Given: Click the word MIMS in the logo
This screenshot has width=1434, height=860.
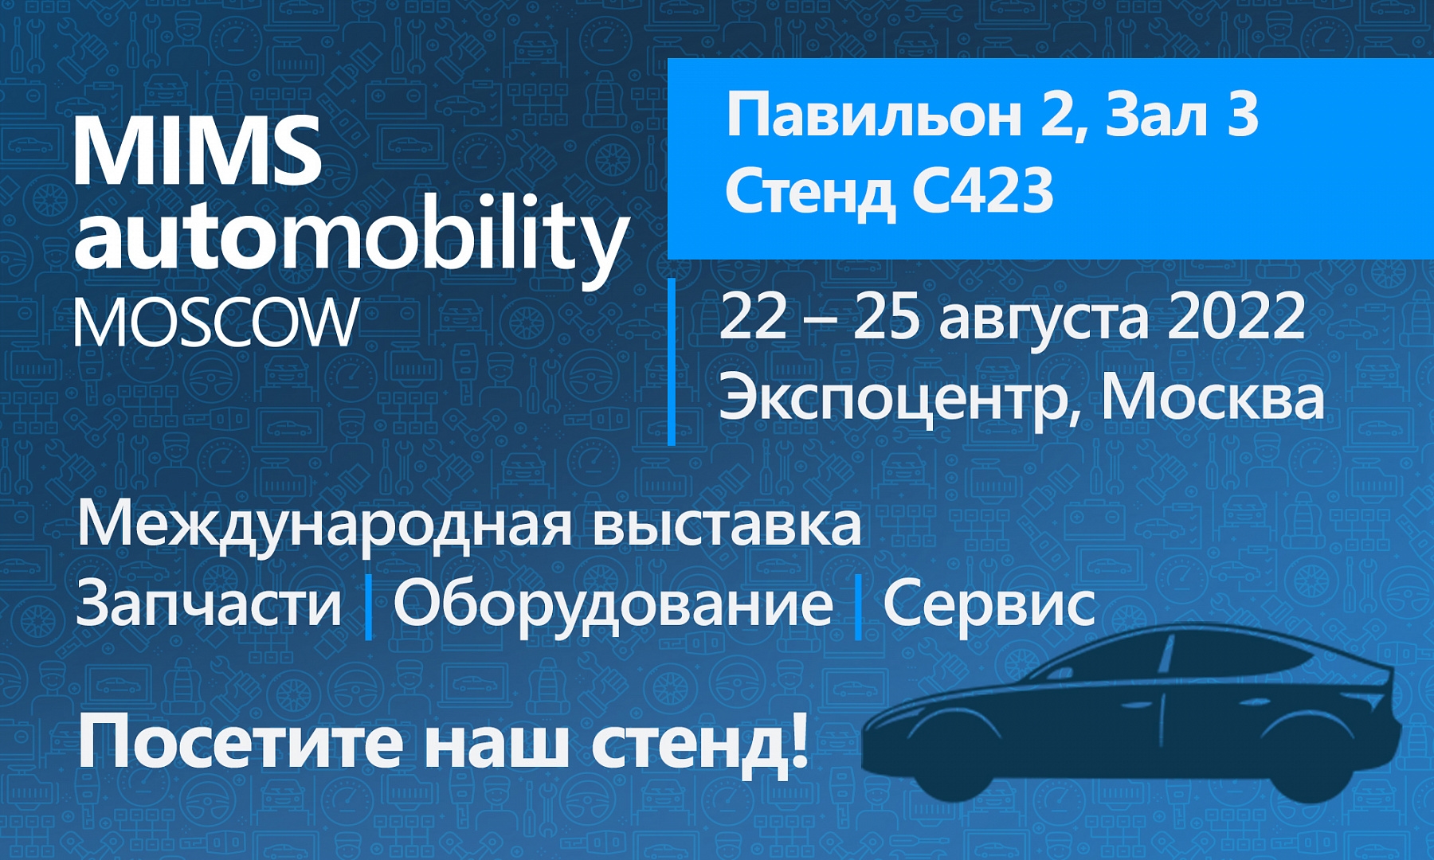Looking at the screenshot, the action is coord(198,150).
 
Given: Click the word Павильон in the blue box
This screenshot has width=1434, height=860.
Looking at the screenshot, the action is coord(873,115).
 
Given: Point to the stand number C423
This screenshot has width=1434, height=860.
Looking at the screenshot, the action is coord(983,192).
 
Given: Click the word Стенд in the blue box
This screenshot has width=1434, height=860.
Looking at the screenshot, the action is coord(809,194).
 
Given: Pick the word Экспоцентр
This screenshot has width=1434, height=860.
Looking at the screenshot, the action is coord(893,397).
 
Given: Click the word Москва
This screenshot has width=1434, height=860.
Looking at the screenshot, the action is coord(1213,396).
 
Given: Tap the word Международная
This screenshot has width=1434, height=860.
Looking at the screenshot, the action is coord(324,526).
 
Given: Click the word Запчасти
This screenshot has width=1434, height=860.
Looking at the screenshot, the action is coord(209,603).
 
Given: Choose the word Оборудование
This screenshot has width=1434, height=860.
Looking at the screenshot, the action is coord(613,604).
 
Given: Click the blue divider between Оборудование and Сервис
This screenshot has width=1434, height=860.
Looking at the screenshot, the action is coord(858,608).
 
